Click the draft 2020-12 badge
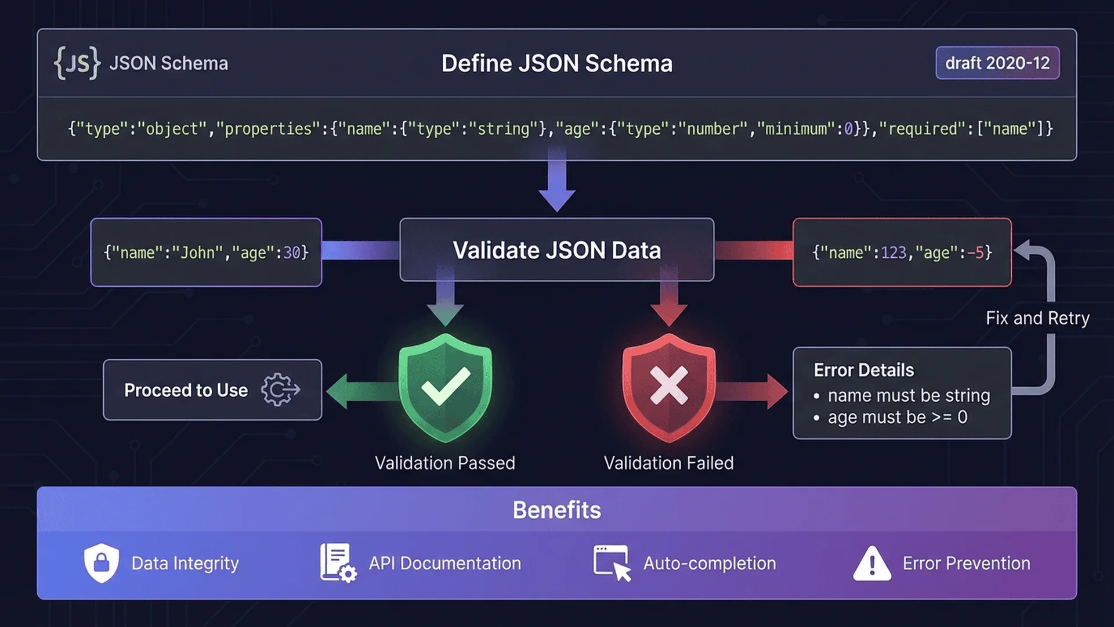(x=997, y=63)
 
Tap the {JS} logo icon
(x=77, y=63)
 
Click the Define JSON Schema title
(x=556, y=63)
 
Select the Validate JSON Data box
(x=556, y=250)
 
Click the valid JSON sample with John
(x=206, y=253)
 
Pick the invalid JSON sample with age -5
(x=902, y=253)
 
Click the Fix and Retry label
(x=1037, y=318)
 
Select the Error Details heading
(x=863, y=370)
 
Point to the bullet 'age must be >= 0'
(x=896, y=417)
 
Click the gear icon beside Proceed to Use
(x=280, y=390)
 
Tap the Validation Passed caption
(x=444, y=463)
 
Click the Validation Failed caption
(x=668, y=463)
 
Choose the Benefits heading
(x=556, y=510)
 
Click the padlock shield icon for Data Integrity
(x=102, y=563)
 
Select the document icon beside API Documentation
(x=337, y=563)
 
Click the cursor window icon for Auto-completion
(x=612, y=563)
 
